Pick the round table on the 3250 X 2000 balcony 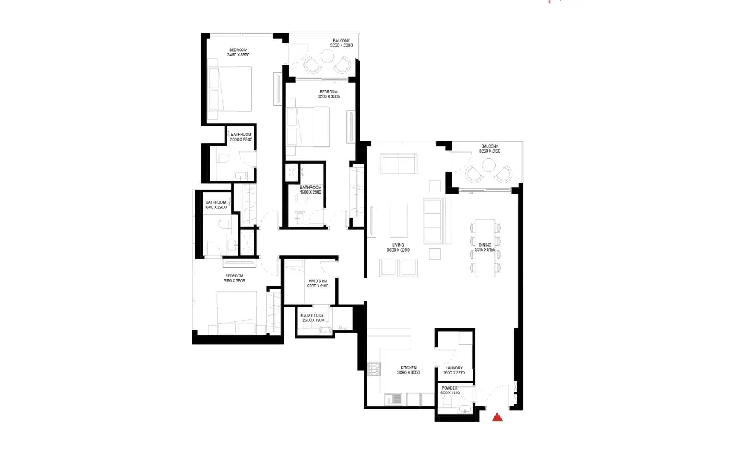326,57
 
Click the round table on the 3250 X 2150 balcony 489,166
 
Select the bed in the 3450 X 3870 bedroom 230,89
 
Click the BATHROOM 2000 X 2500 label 242,137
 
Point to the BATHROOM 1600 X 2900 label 216,204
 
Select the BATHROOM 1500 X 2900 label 312,190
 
